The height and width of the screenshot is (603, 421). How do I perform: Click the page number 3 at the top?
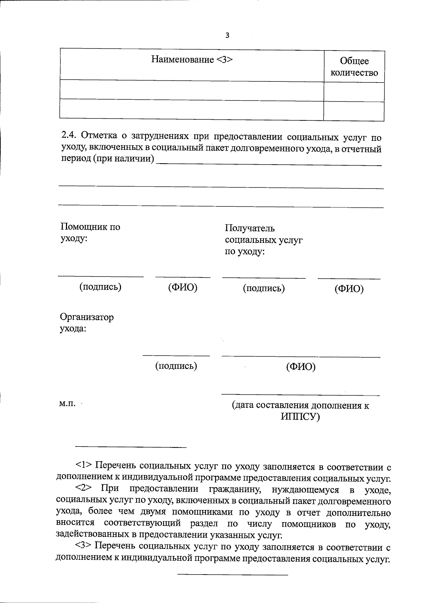(x=227, y=35)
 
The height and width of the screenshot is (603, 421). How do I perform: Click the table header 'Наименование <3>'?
(x=192, y=59)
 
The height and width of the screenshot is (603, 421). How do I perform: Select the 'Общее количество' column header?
(x=354, y=67)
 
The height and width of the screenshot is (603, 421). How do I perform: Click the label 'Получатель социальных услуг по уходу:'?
(x=263, y=240)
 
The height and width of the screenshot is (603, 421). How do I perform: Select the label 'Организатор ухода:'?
(x=87, y=323)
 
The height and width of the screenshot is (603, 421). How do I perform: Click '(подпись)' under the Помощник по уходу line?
(x=100, y=287)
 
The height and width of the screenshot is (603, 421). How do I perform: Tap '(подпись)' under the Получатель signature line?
(x=264, y=288)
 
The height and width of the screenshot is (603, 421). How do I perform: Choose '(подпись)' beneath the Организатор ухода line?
(x=176, y=366)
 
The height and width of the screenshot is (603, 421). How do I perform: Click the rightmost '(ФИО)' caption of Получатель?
(x=349, y=289)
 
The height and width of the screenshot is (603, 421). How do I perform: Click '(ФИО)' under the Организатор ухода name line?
(x=301, y=367)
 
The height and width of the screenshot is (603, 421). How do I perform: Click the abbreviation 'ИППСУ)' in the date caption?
(x=300, y=417)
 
